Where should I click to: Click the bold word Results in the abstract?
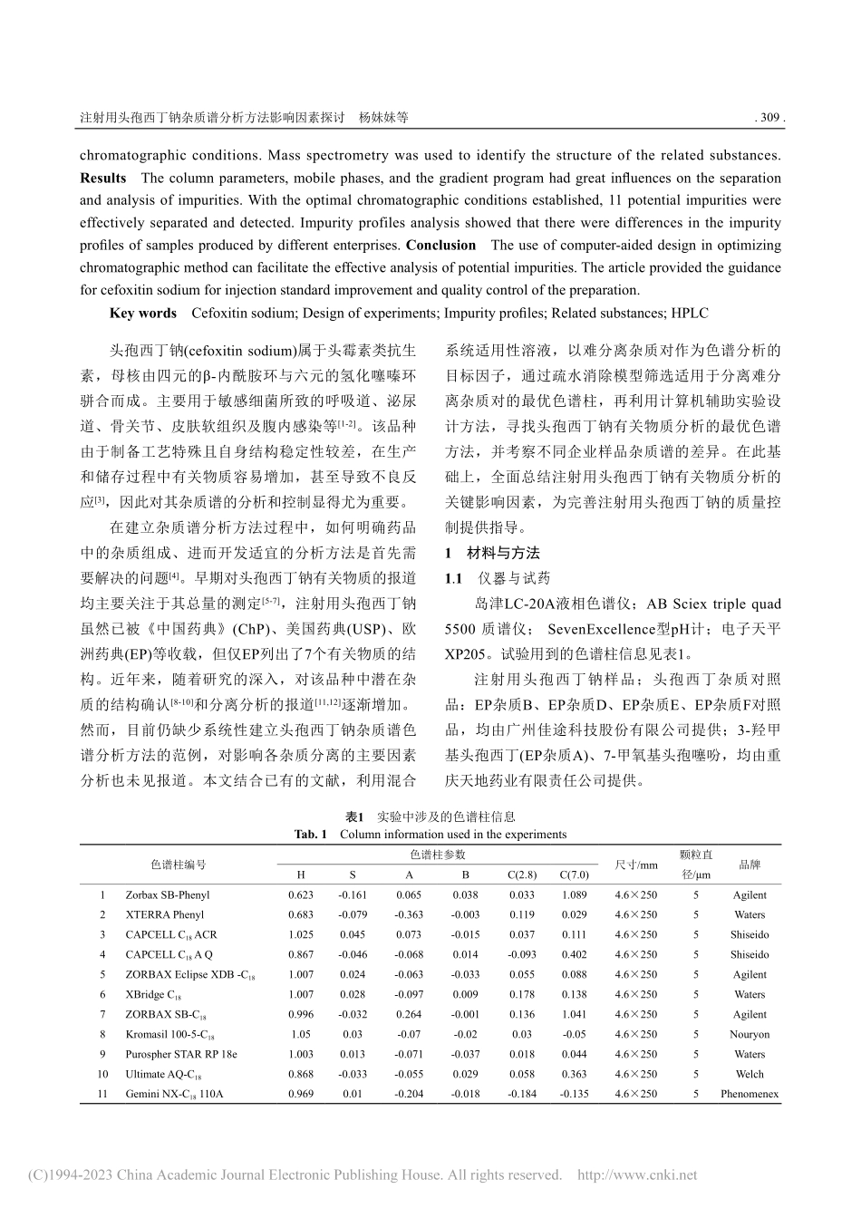pos(102,178)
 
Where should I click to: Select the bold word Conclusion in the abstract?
pos(440,246)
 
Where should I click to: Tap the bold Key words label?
pos(142,313)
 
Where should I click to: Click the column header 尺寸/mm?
pos(635,865)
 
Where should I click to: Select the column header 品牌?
pos(749,865)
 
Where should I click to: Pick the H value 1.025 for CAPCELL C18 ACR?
pos(301,935)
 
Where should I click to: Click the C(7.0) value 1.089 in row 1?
pos(574,895)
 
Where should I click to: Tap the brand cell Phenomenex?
pos(749,1095)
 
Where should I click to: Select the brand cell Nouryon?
pos(749,1035)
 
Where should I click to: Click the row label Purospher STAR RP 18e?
pos(180,1055)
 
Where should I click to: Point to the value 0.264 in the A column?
pos(409,1015)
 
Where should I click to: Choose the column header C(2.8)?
pos(521,875)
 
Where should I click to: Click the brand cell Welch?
pos(749,1075)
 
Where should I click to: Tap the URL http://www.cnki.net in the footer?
pos(637,1175)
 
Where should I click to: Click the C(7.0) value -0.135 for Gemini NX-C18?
pos(574,1095)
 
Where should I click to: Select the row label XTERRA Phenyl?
pos(164,915)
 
